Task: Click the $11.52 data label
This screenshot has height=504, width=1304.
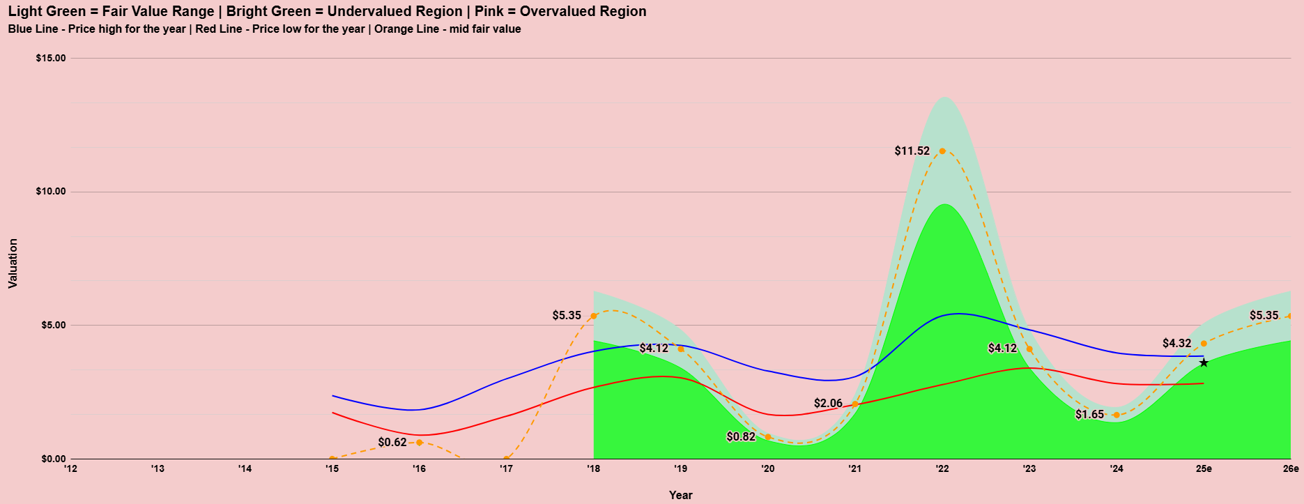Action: (x=912, y=151)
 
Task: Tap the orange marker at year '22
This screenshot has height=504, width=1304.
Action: (x=942, y=151)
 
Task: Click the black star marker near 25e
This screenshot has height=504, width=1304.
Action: (x=1204, y=362)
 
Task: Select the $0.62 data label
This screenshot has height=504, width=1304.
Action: (x=392, y=442)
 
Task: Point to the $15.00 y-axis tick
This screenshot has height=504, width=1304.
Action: (x=51, y=58)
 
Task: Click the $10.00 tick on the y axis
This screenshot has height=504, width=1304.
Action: (x=51, y=192)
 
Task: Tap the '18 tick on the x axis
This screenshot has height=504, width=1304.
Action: (x=593, y=468)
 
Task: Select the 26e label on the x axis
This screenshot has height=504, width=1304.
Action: (x=1290, y=468)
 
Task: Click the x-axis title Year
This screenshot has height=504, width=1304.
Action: (x=680, y=495)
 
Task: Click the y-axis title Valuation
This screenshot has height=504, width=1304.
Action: (x=13, y=264)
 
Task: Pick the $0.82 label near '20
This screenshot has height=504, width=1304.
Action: (x=740, y=436)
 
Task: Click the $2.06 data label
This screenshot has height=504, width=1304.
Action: (x=828, y=403)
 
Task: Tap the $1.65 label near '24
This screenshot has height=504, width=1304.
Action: (x=1089, y=414)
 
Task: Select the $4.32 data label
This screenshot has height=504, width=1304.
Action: (x=1176, y=343)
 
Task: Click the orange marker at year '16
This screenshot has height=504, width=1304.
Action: (x=419, y=443)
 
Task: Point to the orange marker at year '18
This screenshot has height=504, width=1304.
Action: (x=594, y=316)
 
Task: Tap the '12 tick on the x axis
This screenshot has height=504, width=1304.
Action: (x=70, y=468)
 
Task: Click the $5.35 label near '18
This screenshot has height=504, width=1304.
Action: (x=566, y=315)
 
